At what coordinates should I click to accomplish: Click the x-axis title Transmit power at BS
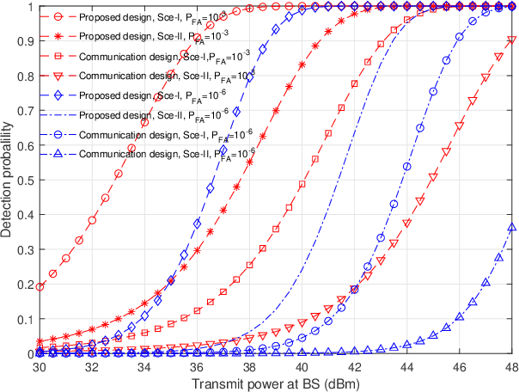272,383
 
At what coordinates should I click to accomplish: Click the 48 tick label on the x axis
512,367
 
